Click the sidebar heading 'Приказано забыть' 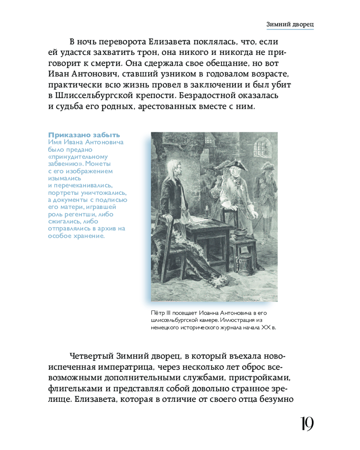tap(84, 135)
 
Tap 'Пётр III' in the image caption tap(161, 312)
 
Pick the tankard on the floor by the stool tap(245, 265)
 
